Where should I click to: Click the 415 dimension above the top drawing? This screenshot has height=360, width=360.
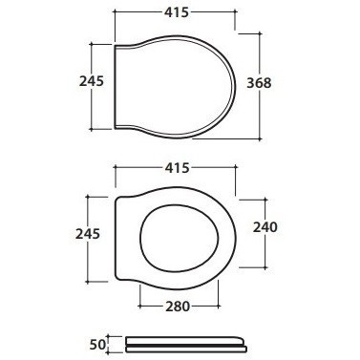point(177,12)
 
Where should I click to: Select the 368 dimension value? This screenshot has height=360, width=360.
point(259,83)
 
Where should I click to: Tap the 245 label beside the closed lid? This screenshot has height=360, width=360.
point(92,81)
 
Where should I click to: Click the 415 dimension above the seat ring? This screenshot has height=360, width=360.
point(177,168)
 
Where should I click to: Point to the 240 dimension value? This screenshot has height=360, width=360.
point(265,227)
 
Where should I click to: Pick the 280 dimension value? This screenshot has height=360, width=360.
point(178,307)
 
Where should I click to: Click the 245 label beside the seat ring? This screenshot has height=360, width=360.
point(88,234)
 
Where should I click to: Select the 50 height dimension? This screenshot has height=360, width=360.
point(97,345)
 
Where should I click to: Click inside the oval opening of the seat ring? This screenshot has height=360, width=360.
point(180,240)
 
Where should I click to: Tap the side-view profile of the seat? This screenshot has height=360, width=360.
point(186,344)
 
